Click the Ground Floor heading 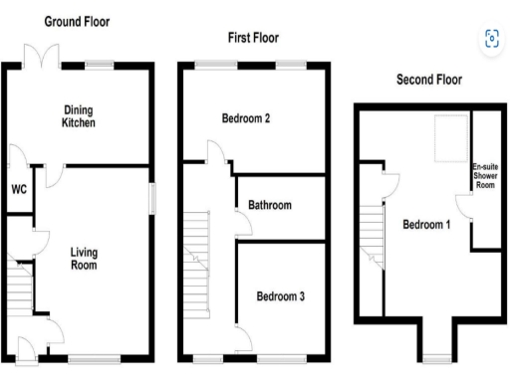click(78, 21)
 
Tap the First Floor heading click(250, 38)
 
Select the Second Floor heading click(429, 80)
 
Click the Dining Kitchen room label click(78, 117)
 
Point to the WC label click(19, 189)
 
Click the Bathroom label click(270, 206)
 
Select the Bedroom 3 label click(282, 295)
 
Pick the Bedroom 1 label click(426, 225)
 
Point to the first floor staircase click(198, 249)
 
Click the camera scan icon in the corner click(490, 39)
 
